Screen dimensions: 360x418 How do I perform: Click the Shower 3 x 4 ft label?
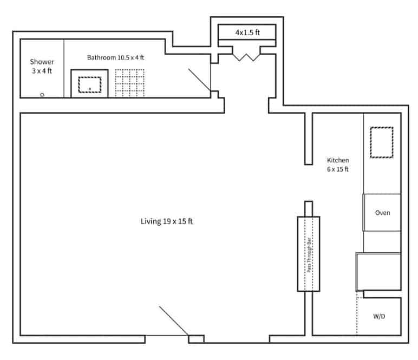coord(42,66)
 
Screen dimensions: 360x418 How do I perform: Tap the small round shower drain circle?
coord(42,95)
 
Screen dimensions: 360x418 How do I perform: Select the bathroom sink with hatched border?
coord(90,84)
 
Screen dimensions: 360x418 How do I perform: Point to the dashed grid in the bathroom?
coord(129,83)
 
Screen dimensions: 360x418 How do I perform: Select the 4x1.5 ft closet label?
coord(247,33)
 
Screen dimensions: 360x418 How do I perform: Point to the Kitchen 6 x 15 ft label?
coord(338,165)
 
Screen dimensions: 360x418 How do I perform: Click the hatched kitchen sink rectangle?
coord(381,142)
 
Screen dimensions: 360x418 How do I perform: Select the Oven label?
coord(382,213)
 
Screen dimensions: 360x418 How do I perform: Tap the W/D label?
coord(380,316)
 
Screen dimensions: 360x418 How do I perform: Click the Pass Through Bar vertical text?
coord(309,254)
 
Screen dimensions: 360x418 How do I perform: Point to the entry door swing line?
coord(173,320)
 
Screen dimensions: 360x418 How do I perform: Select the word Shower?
coord(42,62)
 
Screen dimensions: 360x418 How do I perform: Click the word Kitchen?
coord(338,160)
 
